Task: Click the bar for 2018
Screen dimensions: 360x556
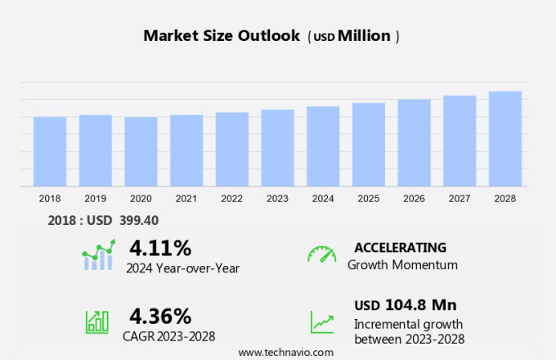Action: pyautogui.click(x=50, y=151)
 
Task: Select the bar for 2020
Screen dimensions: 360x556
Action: pyautogui.click(x=141, y=151)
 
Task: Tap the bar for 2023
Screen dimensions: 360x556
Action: pyautogui.click(x=277, y=148)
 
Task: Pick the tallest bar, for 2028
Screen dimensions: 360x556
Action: pyautogui.click(x=505, y=139)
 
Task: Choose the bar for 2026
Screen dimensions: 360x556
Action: pyautogui.click(x=414, y=143)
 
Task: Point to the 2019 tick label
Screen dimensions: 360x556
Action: pyautogui.click(x=95, y=198)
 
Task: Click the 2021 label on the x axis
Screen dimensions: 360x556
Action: pyautogui.click(x=186, y=198)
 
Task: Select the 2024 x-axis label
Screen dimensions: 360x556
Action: pyautogui.click(x=323, y=198)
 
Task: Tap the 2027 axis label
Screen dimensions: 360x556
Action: pyautogui.click(x=460, y=198)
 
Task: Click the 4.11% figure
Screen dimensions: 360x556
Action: pyautogui.click(x=160, y=248)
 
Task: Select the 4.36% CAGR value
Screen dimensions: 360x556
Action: pyautogui.click(x=160, y=316)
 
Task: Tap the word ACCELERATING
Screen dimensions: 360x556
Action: pyautogui.click(x=400, y=247)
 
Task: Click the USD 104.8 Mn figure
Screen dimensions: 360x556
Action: pyautogui.click(x=405, y=305)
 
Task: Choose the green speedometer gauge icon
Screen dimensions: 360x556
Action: pyautogui.click(x=321, y=254)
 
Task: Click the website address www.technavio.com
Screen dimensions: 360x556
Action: pyautogui.click(x=285, y=352)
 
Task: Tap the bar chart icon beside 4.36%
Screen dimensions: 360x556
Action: pyautogui.click(x=97, y=321)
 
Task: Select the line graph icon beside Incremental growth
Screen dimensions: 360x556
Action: pyautogui.click(x=321, y=321)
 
